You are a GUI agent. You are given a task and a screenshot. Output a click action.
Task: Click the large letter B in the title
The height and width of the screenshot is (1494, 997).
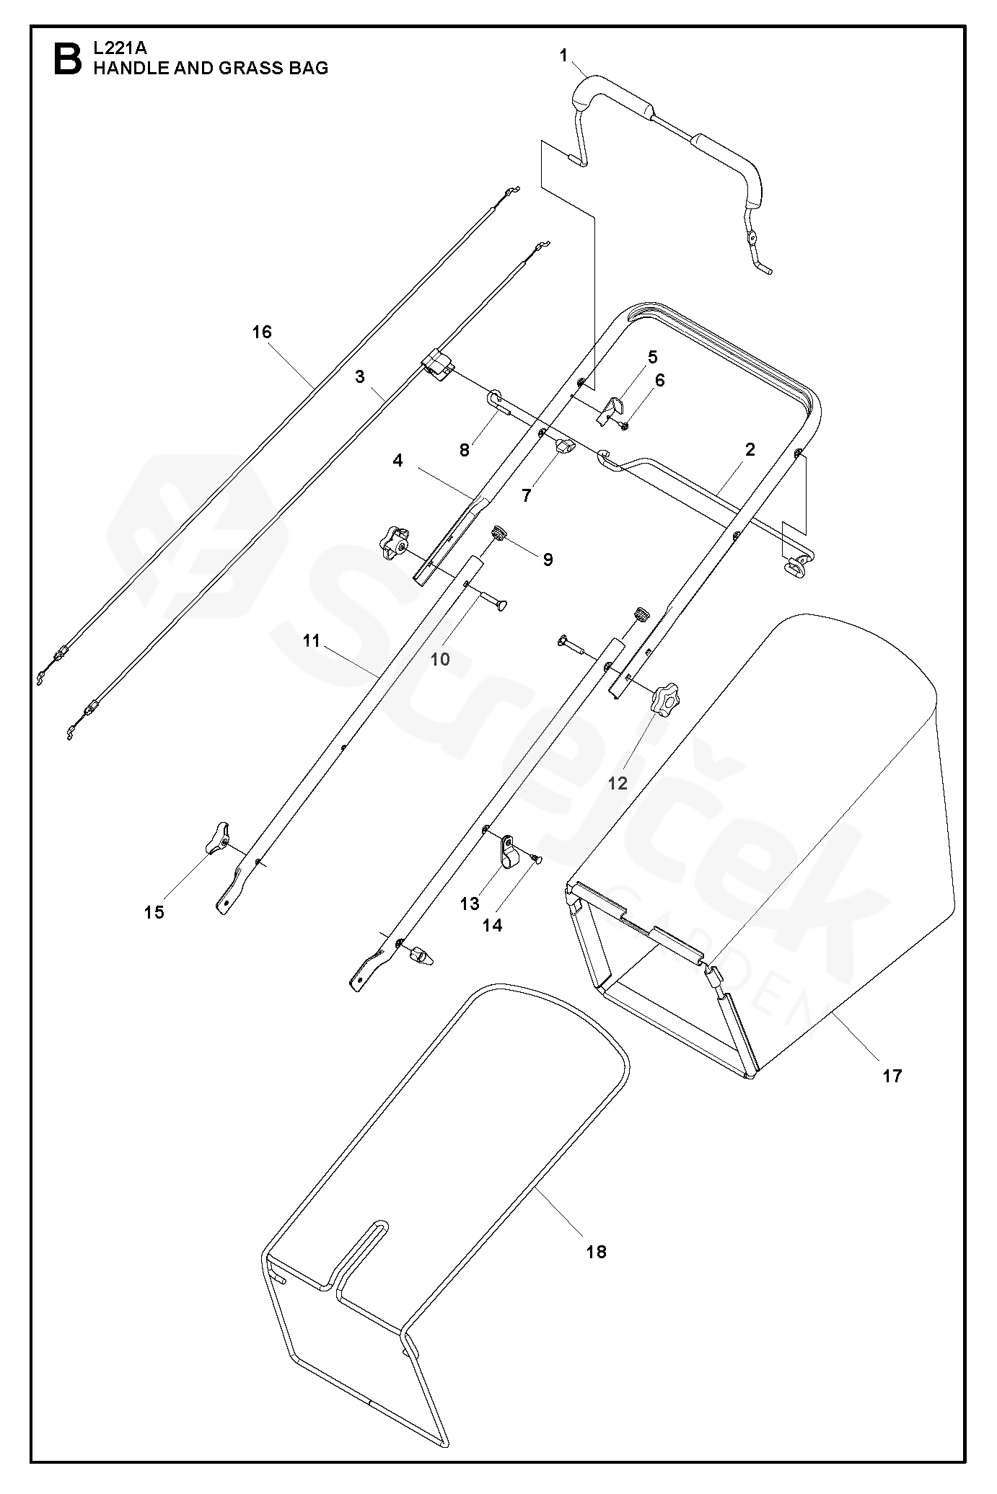coord(68,59)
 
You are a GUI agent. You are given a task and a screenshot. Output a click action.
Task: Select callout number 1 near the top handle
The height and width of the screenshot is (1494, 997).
coord(564,56)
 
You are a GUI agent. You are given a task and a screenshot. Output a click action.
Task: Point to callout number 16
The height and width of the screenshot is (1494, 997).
coord(262,332)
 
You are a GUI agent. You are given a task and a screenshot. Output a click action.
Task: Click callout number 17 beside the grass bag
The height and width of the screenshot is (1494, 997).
coord(892,1076)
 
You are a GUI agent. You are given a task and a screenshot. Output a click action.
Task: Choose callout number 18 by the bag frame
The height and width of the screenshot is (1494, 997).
coord(597,1252)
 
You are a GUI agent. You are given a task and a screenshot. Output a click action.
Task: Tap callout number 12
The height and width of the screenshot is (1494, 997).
coord(618,783)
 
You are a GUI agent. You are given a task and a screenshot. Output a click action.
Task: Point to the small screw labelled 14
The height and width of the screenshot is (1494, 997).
coord(536,857)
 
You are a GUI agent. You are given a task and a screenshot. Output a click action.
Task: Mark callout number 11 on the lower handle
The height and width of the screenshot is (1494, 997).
coord(311,640)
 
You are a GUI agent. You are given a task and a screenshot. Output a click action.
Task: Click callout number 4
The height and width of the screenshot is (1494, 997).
coord(398,460)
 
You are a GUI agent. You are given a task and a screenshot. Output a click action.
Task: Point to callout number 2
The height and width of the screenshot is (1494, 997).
coord(750,450)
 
